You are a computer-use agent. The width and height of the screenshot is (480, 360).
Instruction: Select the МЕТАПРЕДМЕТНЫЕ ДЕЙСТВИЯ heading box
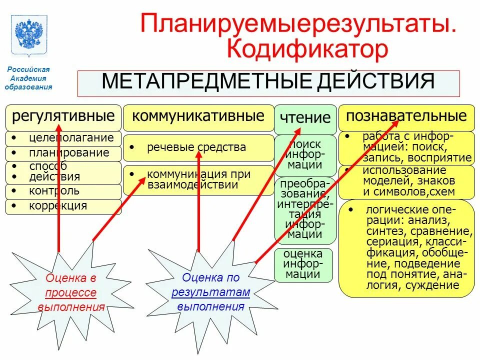click(268, 83)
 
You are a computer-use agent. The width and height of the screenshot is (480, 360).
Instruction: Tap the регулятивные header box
click(63, 117)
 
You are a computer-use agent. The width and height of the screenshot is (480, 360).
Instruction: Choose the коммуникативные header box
click(198, 117)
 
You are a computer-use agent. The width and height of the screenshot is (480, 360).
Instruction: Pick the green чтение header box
click(305, 118)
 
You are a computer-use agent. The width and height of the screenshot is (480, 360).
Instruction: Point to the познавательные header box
click(406, 117)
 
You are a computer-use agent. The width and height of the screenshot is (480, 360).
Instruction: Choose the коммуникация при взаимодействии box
click(198, 179)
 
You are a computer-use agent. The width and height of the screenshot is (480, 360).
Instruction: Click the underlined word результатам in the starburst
click(210, 292)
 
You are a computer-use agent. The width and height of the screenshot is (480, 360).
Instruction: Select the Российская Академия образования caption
click(28, 78)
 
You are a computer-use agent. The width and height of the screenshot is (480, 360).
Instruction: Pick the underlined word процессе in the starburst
click(70, 293)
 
